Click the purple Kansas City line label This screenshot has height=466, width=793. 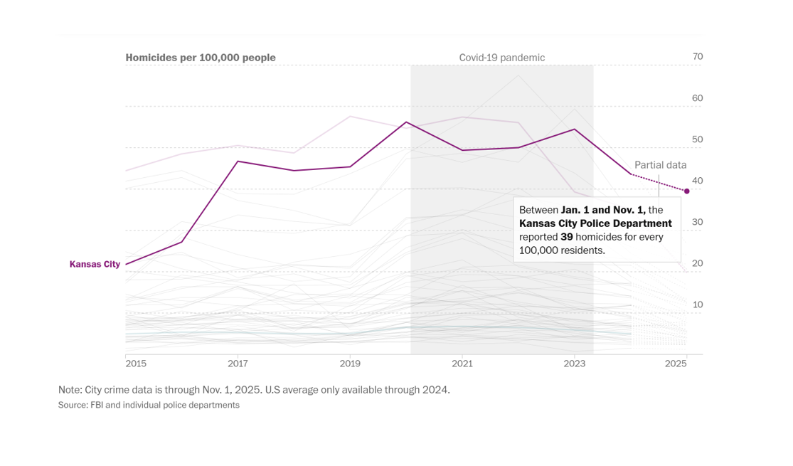(x=95, y=264)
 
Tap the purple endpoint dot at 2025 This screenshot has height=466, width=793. (x=686, y=191)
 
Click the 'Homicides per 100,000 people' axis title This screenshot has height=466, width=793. (x=201, y=58)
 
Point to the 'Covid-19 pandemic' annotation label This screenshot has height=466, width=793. (x=501, y=58)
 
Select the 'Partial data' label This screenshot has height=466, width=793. (x=660, y=165)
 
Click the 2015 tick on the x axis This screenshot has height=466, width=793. (x=136, y=364)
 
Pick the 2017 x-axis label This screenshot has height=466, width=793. (x=238, y=364)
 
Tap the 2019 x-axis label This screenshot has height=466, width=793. (x=350, y=364)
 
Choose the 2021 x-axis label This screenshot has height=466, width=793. (x=462, y=364)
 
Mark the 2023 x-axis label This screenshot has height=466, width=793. (x=574, y=364)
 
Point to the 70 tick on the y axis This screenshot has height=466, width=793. (x=697, y=57)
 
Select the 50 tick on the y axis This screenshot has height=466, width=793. (x=697, y=139)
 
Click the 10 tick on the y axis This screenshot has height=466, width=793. (x=697, y=305)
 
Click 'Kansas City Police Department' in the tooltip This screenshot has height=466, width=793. (x=595, y=223)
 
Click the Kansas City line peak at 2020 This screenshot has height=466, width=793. (x=406, y=122)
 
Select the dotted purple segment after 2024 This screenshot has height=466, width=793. (x=659, y=183)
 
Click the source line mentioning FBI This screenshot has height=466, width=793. (x=149, y=405)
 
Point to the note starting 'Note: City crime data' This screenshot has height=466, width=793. (x=254, y=390)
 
